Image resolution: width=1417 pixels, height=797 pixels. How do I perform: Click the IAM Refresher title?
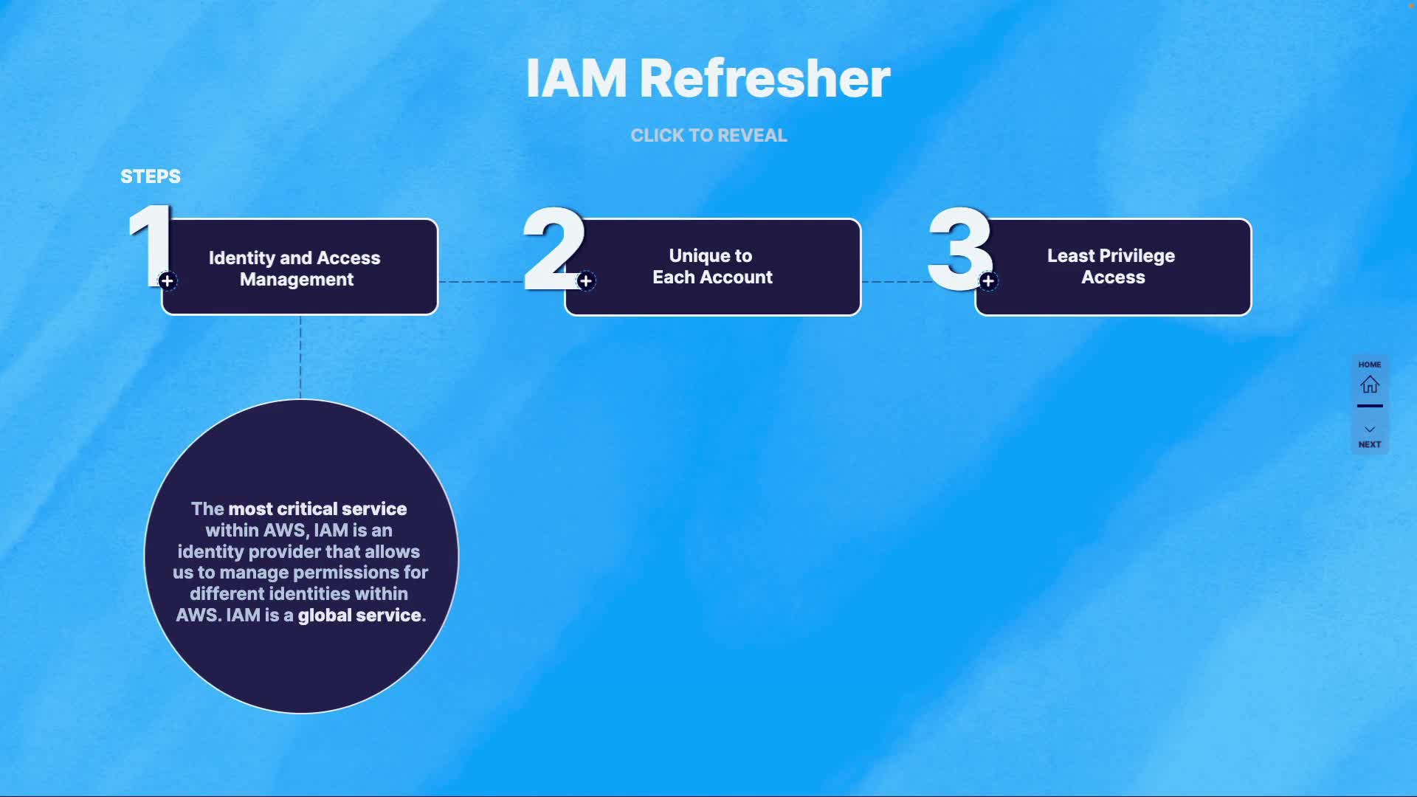pos(708,78)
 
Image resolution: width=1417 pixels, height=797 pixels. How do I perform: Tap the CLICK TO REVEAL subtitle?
pos(708,136)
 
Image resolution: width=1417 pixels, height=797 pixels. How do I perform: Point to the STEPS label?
pos(151,176)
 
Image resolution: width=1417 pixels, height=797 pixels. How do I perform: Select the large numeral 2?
pos(552,248)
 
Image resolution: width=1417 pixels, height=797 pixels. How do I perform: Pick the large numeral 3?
pos(959,248)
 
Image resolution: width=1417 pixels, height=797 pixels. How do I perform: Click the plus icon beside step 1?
pos(168,281)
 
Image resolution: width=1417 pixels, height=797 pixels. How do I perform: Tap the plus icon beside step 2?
pos(586,281)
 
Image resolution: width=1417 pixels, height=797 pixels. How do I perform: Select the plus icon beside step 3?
pos(988,281)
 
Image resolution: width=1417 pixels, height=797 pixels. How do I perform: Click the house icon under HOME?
pos(1370,384)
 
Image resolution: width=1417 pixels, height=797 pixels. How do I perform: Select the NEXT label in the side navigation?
pos(1370,444)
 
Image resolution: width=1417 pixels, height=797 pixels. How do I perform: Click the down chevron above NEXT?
pos(1370,429)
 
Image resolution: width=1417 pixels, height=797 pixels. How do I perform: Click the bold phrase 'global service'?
pos(359,615)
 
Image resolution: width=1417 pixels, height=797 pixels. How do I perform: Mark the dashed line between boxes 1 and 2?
pos(480,282)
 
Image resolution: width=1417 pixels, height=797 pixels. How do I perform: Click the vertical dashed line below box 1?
pos(300,358)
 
